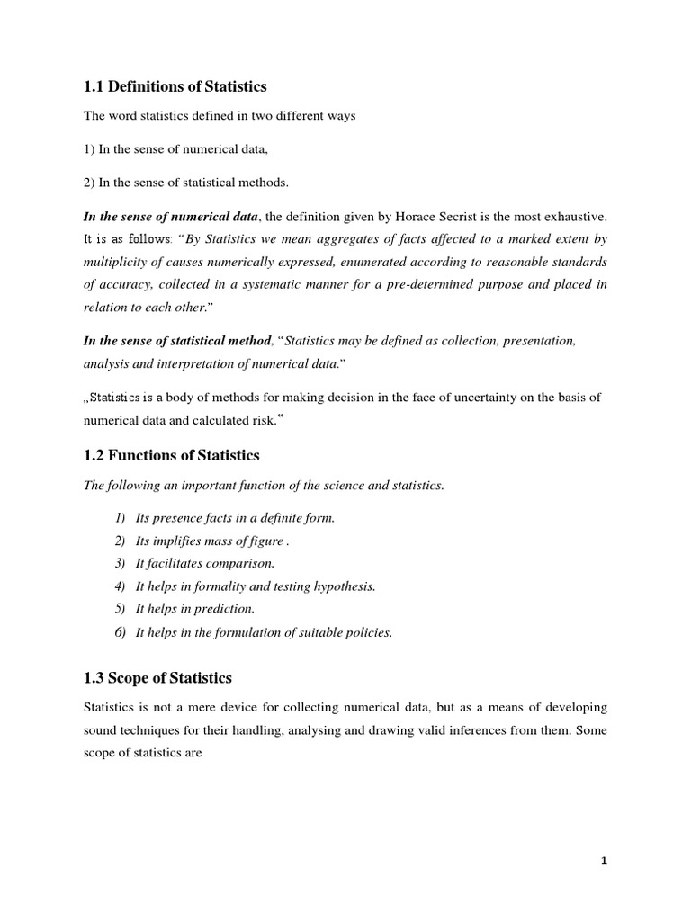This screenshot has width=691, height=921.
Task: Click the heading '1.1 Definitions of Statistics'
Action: pos(175,86)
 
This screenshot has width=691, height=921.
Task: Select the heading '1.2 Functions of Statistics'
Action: pos(171,455)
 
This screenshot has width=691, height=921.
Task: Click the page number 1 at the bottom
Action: pos(605,861)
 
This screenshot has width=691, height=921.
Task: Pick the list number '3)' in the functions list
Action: pos(120,563)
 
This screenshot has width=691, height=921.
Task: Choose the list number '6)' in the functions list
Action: pos(120,632)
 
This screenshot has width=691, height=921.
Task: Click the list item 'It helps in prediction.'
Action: pos(189,609)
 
